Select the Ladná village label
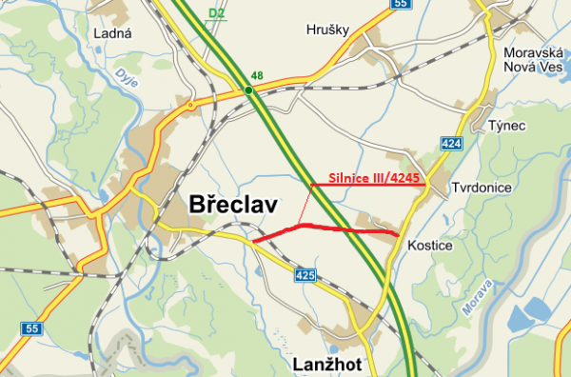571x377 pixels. pos(111,33)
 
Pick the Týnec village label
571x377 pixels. pos(505,127)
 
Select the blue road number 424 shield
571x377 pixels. pos(452,143)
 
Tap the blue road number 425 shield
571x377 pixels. pos(304,275)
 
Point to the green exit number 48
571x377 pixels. pos(257,75)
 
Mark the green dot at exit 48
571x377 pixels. pos(247,90)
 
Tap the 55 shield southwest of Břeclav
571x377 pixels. pos(34,328)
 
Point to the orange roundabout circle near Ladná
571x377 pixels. pos(190,105)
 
